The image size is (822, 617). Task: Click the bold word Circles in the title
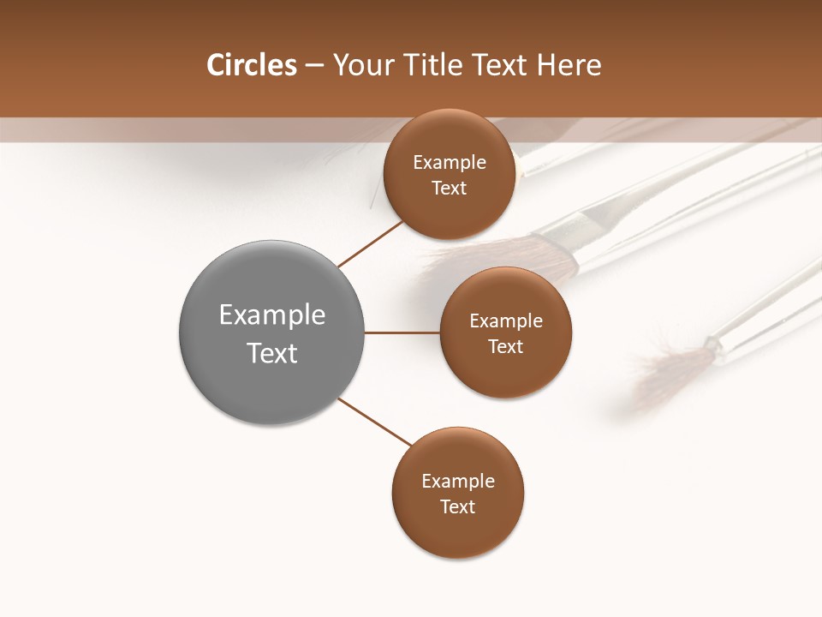pos(252,65)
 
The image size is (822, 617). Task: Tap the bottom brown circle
pos(457,531)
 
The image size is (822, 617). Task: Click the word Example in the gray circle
pos(272,314)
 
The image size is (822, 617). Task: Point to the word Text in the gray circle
pos(272,353)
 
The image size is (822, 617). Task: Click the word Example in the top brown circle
pos(450,162)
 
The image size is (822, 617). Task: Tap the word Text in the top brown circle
pos(450,188)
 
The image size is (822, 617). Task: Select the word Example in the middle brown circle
pos(506,320)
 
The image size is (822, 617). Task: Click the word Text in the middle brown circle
pos(506,346)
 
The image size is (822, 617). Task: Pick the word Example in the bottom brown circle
pos(458,481)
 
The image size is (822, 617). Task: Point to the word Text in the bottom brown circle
pos(458,506)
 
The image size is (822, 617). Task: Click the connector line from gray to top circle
pos(369,243)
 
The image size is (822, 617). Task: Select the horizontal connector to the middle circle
pos(402,332)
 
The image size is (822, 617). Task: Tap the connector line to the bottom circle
pos(375,422)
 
